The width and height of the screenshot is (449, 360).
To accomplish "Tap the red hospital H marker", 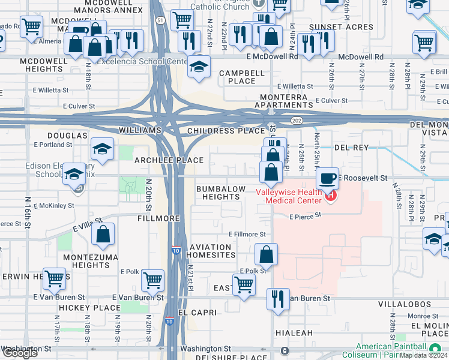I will pos(330,194).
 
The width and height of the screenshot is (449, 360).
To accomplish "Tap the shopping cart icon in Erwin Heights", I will pos(55,278).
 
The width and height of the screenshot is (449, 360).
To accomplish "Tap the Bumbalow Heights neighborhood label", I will pos(221,193).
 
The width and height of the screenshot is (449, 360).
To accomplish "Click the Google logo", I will pos(20,353).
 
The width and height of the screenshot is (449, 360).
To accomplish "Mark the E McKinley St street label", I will pos(54,205).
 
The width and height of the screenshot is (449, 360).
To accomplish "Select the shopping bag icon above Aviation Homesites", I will pos(267,254).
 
